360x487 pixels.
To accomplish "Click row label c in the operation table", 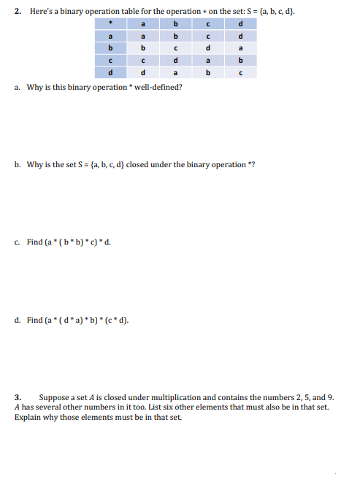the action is point(110,61).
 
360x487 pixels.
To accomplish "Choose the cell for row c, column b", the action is point(175,61).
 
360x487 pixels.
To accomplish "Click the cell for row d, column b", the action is point(175,72).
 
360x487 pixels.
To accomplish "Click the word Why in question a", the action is point(34,87).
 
